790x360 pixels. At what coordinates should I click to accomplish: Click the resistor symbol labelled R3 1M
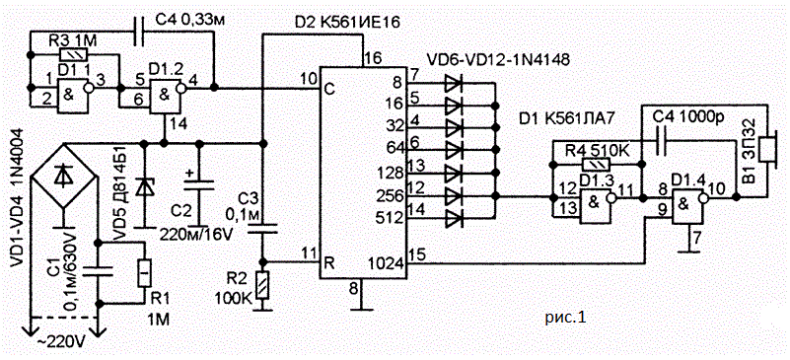[74, 54]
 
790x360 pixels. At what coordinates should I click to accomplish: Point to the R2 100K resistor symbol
[262, 285]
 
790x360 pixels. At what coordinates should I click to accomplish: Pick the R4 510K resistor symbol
[596, 164]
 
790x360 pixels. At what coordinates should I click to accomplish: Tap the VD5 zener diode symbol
[145, 186]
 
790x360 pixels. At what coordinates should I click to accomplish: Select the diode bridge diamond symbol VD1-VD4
[62, 176]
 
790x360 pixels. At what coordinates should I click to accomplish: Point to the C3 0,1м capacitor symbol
[262, 229]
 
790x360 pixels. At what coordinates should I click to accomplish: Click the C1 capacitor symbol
[99, 272]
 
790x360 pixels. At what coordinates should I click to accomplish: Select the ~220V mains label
[63, 344]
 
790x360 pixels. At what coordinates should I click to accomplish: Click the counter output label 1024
[389, 262]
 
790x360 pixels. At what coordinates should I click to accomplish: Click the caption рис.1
[565, 318]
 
